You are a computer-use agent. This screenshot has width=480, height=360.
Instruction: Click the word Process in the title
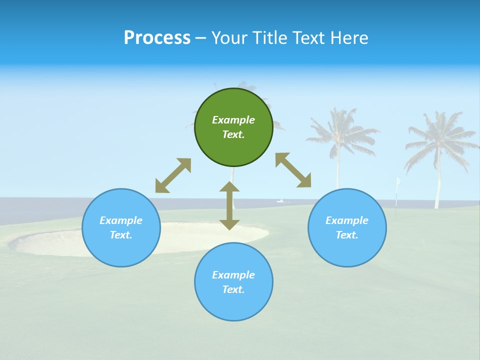pyautogui.click(x=157, y=38)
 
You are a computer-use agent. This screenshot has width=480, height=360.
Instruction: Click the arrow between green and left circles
pyautogui.click(x=173, y=175)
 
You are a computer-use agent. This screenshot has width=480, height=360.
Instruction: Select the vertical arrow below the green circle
pyautogui.click(x=229, y=205)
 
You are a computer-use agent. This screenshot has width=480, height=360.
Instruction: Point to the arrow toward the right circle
pyautogui.click(x=293, y=170)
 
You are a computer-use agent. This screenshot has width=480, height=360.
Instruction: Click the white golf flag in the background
pyautogui.click(x=398, y=182)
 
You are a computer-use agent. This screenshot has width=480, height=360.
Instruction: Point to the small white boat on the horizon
pyautogui.click(x=281, y=201)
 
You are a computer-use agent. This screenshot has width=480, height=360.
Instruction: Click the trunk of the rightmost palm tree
pyautogui.click(x=438, y=185)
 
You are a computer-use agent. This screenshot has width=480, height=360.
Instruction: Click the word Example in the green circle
pyautogui.click(x=233, y=120)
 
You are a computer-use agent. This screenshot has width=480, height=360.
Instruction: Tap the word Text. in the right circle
pyautogui.click(x=347, y=235)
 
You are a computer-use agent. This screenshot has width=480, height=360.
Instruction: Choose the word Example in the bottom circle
pyautogui.click(x=233, y=275)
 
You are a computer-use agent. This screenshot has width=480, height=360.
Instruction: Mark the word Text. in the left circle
pyautogui.click(x=121, y=235)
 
